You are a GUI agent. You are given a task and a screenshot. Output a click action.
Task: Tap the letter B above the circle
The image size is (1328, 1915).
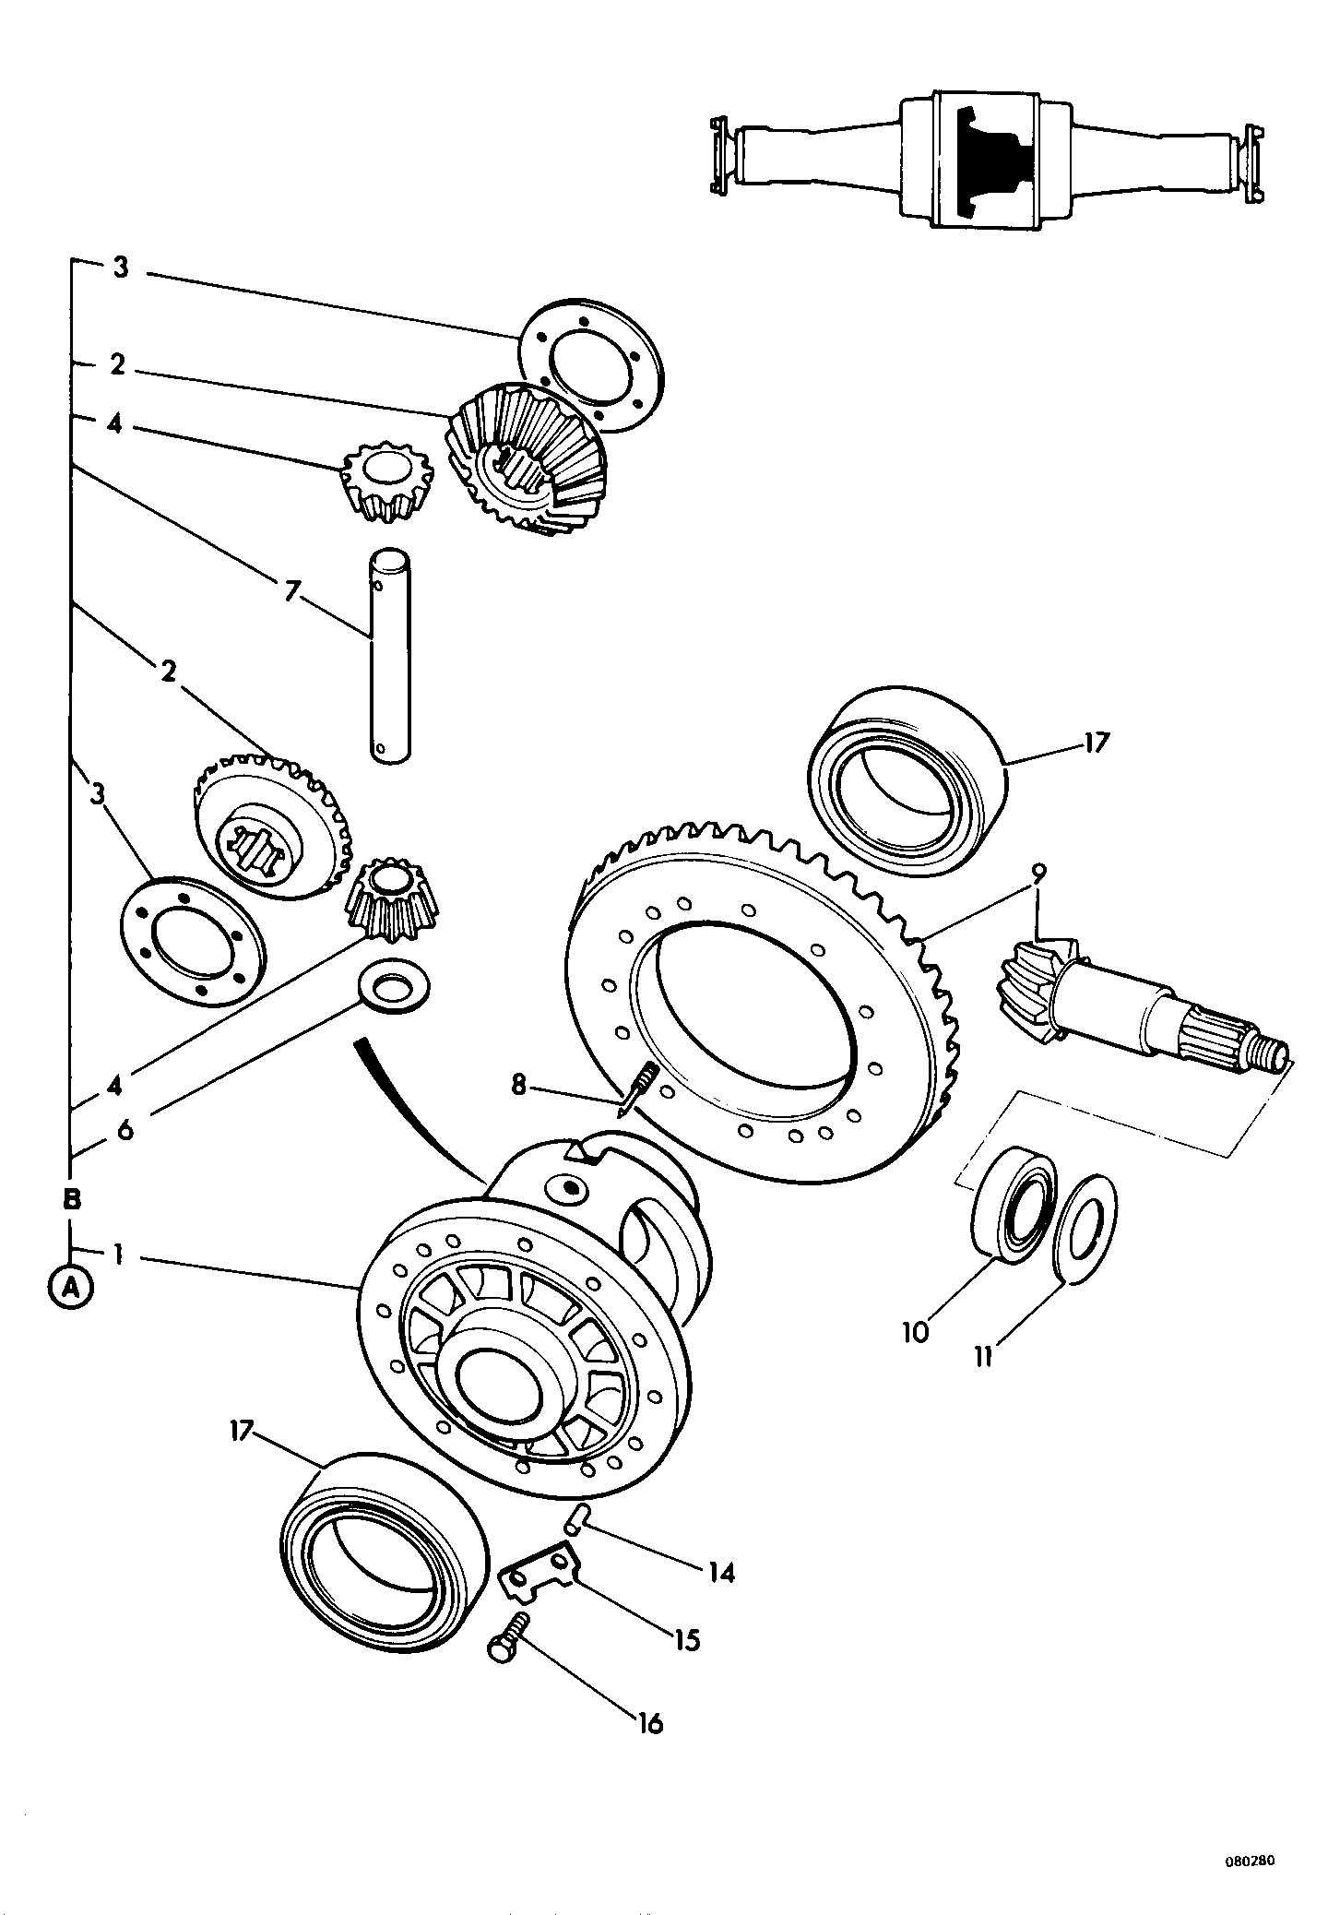(x=71, y=1200)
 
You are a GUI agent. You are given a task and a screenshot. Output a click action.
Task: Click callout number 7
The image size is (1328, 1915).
(x=291, y=591)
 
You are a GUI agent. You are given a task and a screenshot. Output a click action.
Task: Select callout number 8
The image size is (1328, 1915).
(x=518, y=1086)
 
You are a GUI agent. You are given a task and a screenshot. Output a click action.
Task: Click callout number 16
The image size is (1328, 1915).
(x=649, y=1722)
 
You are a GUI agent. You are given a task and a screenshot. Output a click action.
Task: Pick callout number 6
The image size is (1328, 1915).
(x=125, y=1129)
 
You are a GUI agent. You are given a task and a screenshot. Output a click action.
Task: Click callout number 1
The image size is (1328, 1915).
(x=118, y=1253)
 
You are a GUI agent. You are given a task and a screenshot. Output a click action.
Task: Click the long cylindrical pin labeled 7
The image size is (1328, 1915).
(x=389, y=656)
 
